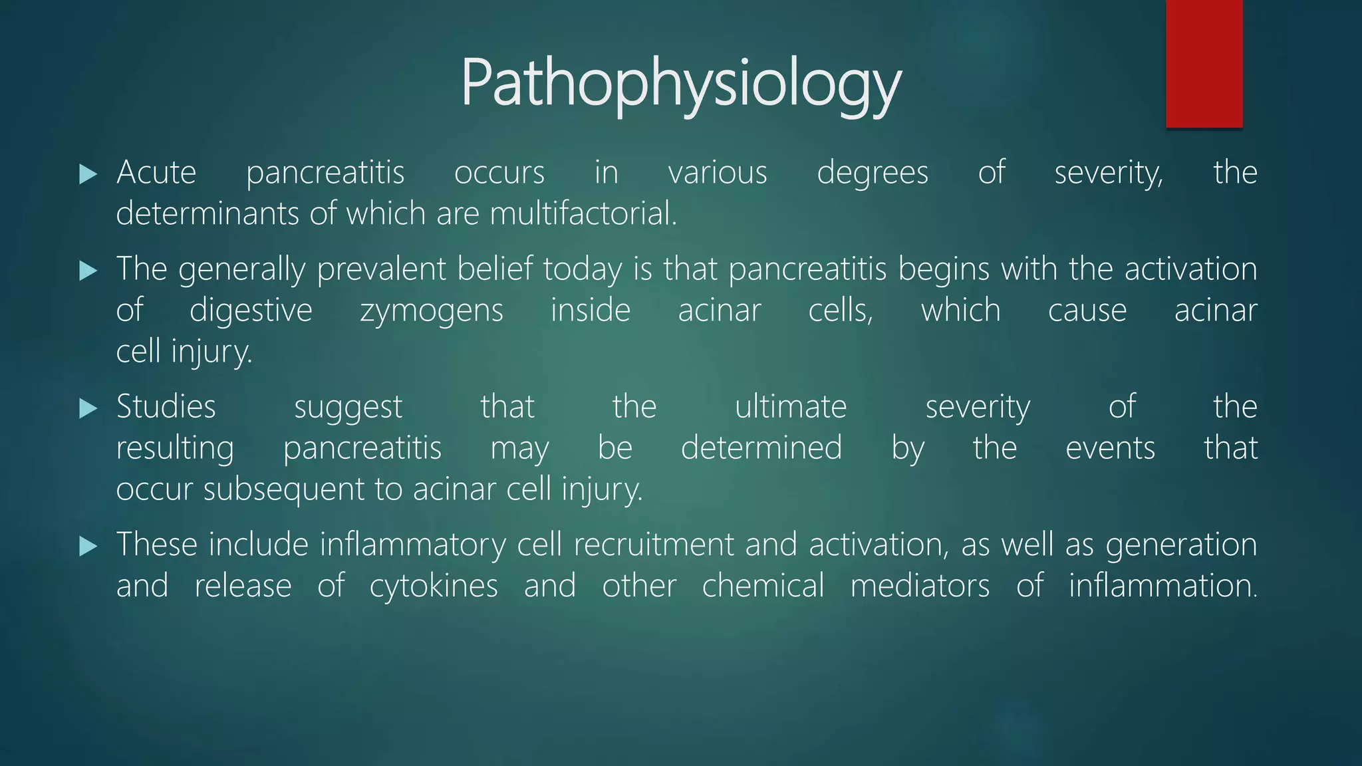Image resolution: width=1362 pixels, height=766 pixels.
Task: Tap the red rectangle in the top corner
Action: point(1204,63)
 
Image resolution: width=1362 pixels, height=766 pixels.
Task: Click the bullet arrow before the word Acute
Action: point(88,174)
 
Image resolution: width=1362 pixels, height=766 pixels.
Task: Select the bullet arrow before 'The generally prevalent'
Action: point(88,271)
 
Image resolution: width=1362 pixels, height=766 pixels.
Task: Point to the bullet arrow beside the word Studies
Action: point(88,408)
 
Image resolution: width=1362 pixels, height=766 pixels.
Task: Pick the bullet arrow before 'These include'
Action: point(88,547)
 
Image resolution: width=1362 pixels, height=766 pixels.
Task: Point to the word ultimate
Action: point(791,407)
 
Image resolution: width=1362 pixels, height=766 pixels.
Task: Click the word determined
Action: point(761,448)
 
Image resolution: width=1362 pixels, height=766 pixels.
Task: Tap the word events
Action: point(1110,448)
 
